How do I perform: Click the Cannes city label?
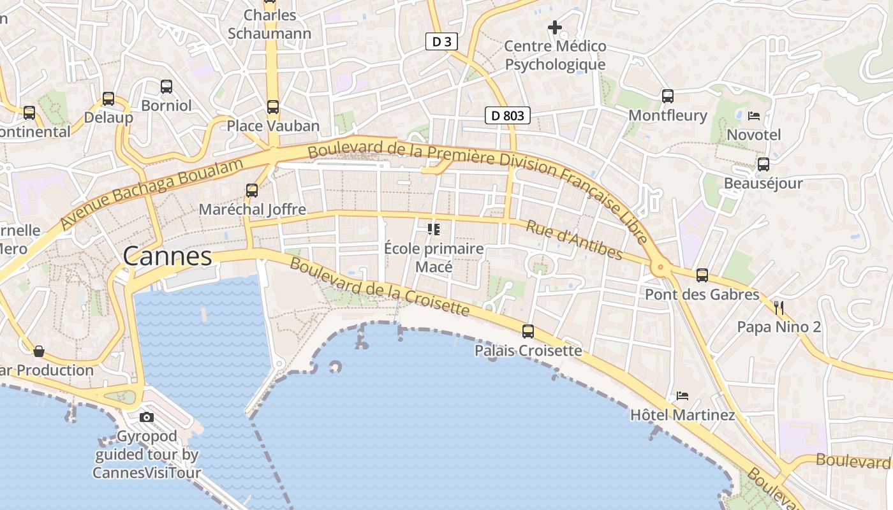click(167, 256)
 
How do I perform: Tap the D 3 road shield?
click(441, 42)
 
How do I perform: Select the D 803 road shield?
click(508, 115)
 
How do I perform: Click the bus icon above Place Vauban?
click(273, 107)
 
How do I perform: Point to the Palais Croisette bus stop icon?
click(528, 331)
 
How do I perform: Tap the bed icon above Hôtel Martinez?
click(683, 396)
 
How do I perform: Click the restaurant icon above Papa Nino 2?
click(778, 308)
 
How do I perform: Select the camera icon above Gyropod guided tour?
click(147, 418)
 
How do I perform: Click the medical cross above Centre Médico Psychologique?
click(555, 27)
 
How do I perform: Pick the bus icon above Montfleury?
click(668, 96)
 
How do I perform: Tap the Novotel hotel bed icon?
click(754, 116)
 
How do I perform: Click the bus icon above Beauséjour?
click(764, 164)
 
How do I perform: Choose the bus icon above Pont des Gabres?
click(702, 275)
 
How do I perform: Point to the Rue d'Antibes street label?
click(573, 240)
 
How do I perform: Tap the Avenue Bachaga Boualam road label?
click(152, 194)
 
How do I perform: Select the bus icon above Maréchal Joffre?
click(252, 190)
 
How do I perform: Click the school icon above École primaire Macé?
click(434, 229)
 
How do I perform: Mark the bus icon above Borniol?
click(166, 87)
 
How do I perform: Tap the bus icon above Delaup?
click(108, 99)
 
